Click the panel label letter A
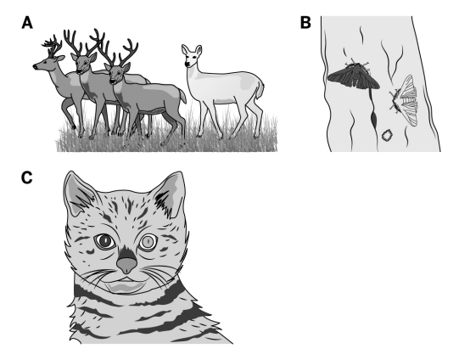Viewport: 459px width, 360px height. coord(27,23)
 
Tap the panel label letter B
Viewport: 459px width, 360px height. coord(305,23)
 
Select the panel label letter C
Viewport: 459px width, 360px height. coord(26,177)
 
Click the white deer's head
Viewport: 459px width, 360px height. coord(191,56)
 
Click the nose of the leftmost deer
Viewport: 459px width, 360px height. coord(35,67)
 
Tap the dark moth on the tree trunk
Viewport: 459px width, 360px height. coord(354,76)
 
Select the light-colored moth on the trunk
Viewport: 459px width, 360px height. coord(406,100)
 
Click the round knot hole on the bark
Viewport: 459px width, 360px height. coord(387,135)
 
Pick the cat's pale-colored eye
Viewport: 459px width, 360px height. coord(148,242)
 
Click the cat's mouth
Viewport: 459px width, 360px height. coord(126,284)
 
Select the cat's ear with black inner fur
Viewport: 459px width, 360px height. coord(171,195)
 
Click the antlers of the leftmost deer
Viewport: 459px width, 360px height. coord(53,47)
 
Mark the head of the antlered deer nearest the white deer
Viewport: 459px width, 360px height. coord(117,74)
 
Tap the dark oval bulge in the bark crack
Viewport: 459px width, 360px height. coord(374,119)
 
